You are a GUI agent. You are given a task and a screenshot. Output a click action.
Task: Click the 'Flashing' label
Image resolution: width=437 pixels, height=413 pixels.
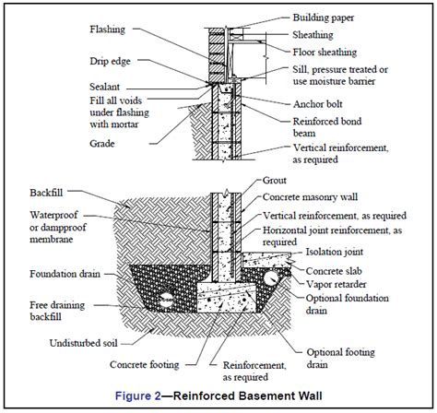coord(110,29)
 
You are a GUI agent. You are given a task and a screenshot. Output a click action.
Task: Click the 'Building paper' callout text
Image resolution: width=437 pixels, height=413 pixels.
coord(330,18)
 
